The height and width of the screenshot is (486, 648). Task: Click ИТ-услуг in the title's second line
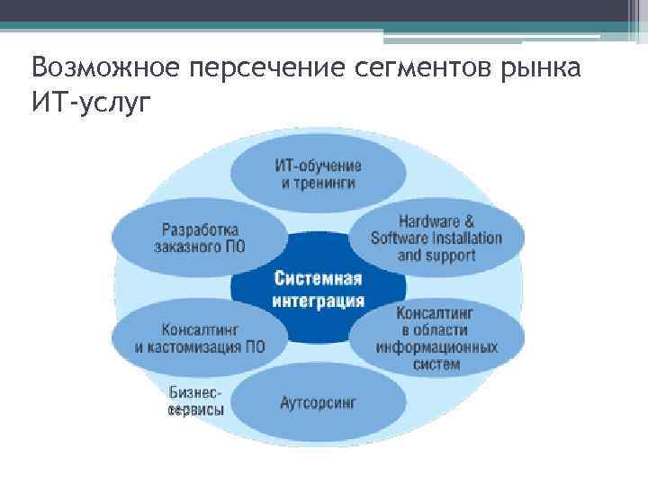tap(86, 101)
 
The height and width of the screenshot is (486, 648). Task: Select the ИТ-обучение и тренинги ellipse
tap(318, 174)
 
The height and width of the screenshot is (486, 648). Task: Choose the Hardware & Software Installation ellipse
tap(436, 238)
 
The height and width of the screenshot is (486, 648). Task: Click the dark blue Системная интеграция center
tap(319, 288)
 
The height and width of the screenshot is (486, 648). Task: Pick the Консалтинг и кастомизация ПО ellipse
tap(199, 337)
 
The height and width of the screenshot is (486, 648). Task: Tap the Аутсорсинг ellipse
tap(318, 402)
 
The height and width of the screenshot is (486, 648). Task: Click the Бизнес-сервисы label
tap(196, 401)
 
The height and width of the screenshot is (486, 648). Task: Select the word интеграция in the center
tap(319, 301)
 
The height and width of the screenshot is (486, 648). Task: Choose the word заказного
tap(186, 246)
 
